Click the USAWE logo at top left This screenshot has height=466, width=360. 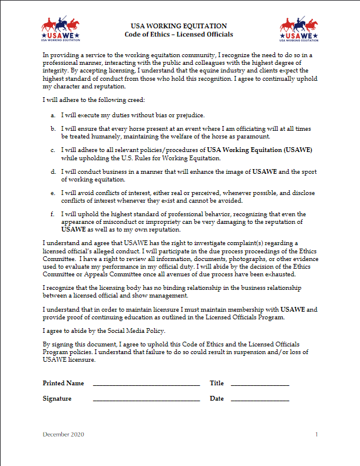[61, 30]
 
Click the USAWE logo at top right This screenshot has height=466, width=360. [298, 30]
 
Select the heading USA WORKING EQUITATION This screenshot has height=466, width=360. [179, 26]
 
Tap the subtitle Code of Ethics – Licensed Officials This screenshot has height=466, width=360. [179, 35]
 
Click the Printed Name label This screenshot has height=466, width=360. [63, 384]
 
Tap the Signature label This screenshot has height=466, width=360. [57, 399]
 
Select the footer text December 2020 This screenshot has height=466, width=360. [64, 435]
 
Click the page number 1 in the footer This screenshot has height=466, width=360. [316, 435]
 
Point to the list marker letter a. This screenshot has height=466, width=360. [54, 115]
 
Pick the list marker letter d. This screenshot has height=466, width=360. [54, 172]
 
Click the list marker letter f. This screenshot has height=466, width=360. [54, 214]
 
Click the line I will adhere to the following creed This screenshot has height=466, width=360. [90, 100]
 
